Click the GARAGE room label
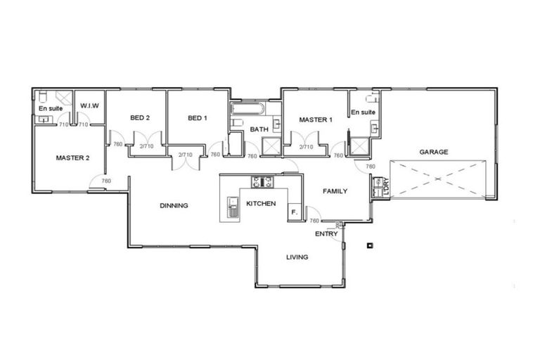pyautogui.click(x=434, y=152)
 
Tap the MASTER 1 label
pyautogui.click(x=316, y=120)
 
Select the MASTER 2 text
pyautogui.click(x=72, y=158)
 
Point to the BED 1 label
pyautogui.click(x=198, y=118)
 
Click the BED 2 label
pyautogui.click(x=140, y=118)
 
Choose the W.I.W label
pyautogui.click(x=89, y=105)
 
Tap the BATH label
pyautogui.click(x=259, y=129)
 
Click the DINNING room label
pyautogui.click(x=174, y=206)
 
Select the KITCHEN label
pyautogui.click(x=261, y=204)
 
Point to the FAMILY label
pyautogui.click(x=335, y=191)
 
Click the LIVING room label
pyautogui.click(x=297, y=257)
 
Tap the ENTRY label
pyautogui.click(x=326, y=233)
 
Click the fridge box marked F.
pyautogui.click(x=294, y=211)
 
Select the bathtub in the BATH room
pyautogui.click(x=246, y=110)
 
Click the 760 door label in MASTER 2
pyautogui.click(x=106, y=181)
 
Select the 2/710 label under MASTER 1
pyautogui.click(x=306, y=147)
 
